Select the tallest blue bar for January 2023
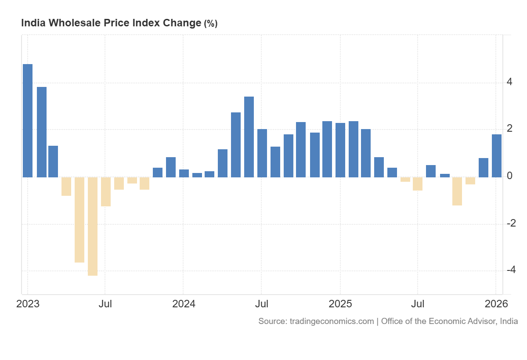pyautogui.click(x=28, y=120)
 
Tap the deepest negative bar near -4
pyautogui.click(x=93, y=226)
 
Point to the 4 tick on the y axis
pyautogui.click(x=509, y=82)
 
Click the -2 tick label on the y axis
pyautogui.click(x=511, y=223)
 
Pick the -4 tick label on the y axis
pyautogui.click(x=511, y=270)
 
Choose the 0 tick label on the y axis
pyautogui.click(x=509, y=176)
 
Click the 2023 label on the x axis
pyautogui.click(x=28, y=304)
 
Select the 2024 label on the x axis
pyautogui.click(x=184, y=304)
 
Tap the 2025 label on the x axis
pyautogui.click(x=340, y=304)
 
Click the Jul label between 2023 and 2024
pyautogui.click(x=105, y=304)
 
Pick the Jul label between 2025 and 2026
pyautogui.click(x=418, y=304)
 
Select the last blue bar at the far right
pyautogui.click(x=497, y=156)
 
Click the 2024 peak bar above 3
pyautogui.click(x=249, y=137)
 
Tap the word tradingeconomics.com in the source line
pyautogui.click(x=332, y=321)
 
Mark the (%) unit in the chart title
pyautogui.click(x=210, y=24)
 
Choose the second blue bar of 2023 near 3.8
pyautogui.click(x=42, y=132)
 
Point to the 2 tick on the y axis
pyautogui.click(x=509, y=129)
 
